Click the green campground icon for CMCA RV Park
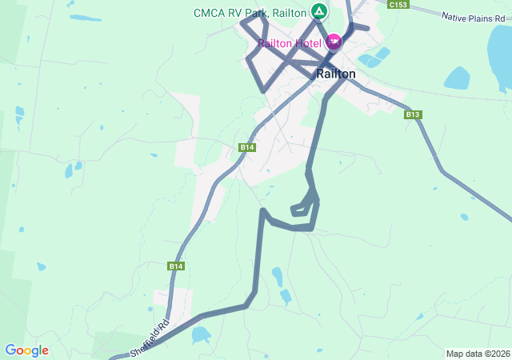[x=318, y=12]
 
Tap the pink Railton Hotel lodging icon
[x=333, y=42]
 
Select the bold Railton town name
[x=336, y=74]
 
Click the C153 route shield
[x=398, y=5]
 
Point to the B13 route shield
[x=413, y=114]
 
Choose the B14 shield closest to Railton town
[x=247, y=147]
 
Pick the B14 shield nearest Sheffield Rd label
[x=176, y=266]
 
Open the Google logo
[x=26, y=350]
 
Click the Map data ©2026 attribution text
[x=477, y=354]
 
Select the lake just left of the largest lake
[x=457, y=78]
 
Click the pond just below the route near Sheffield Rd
[x=200, y=334]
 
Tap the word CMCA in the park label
[x=210, y=13]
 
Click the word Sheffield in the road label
[x=144, y=342]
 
